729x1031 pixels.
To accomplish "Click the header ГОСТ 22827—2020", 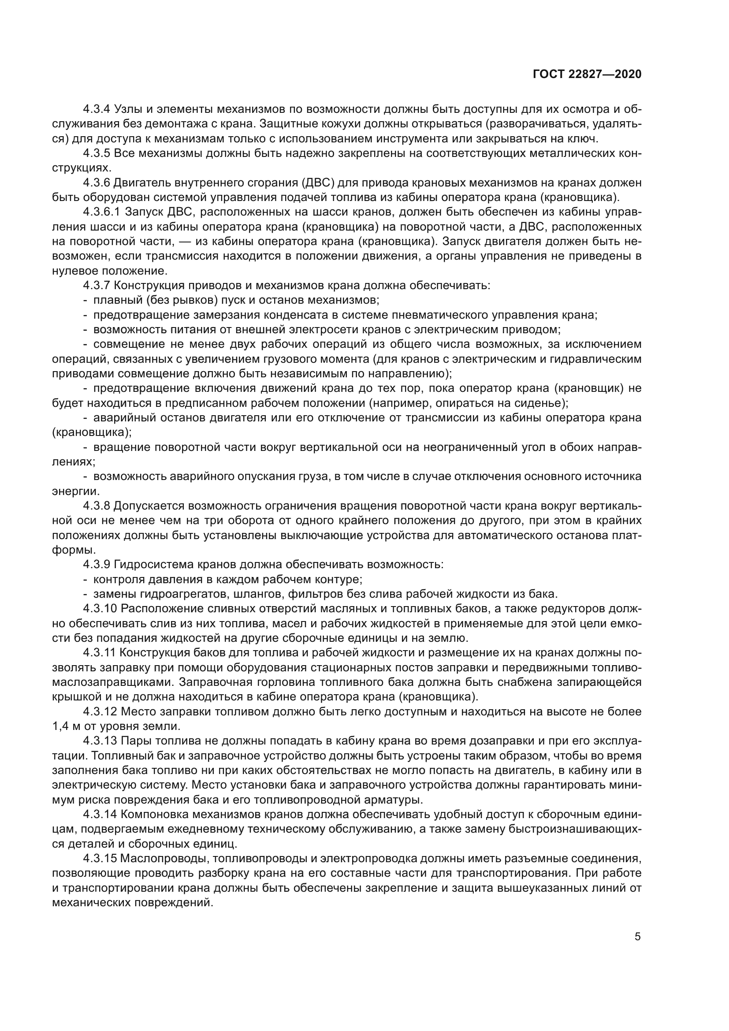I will click(587, 74).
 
